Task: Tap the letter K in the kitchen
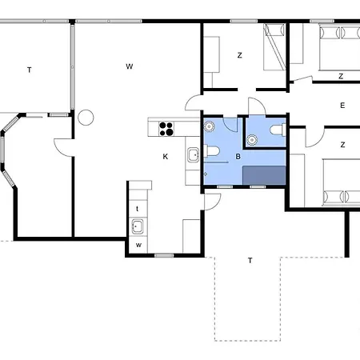[166, 157]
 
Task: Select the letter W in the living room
[129, 66]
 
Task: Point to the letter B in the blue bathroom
[238, 157]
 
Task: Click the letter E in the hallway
[342, 105]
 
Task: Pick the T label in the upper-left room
[30, 70]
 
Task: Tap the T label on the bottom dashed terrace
[250, 260]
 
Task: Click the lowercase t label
[138, 207]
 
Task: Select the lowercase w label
[138, 244]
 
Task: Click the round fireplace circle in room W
[86, 118]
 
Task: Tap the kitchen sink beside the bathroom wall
[193, 155]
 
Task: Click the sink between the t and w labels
[138, 226]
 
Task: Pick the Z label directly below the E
[342, 145]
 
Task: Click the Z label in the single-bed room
[239, 55]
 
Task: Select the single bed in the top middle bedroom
[274, 47]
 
